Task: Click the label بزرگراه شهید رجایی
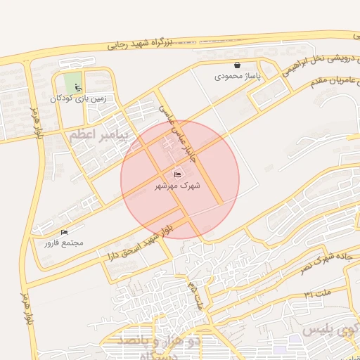click(x=141, y=43)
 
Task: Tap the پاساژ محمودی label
click(x=238, y=75)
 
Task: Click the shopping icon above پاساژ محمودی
click(x=237, y=65)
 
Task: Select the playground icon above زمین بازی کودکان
click(x=77, y=88)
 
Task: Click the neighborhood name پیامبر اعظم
click(x=98, y=134)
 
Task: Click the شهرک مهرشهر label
click(x=177, y=186)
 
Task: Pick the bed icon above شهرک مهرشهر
click(x=177, y=174)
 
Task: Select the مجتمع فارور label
click(x=64, y=243)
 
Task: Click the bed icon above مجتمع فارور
click(x=65, y=232)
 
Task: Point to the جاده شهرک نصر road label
click(x=325, y=262)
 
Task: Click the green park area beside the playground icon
click(x=72, y=83)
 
